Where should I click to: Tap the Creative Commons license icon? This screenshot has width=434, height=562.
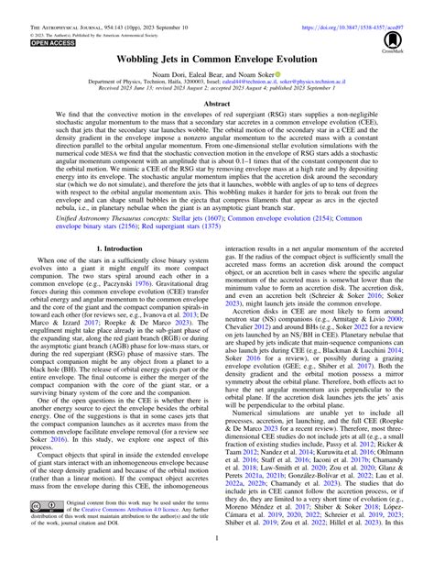coord(42,530)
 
